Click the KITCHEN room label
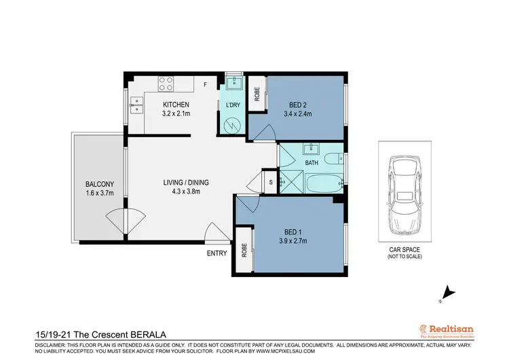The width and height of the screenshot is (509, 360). point(175,104)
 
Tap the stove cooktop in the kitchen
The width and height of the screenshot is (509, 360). point(167,84)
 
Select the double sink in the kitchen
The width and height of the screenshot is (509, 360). point(137,105)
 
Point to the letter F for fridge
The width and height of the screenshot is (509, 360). point(206,84)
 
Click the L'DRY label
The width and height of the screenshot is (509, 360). point(233,105)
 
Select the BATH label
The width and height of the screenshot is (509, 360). point(311,164)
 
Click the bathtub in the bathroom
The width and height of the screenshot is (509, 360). point(323,182)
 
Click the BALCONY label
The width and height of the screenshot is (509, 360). point(99,184)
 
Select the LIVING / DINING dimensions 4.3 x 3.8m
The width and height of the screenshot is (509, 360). point(185,192)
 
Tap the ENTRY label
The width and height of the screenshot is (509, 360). point(217,253)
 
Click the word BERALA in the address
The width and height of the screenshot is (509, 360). point(145,335)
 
